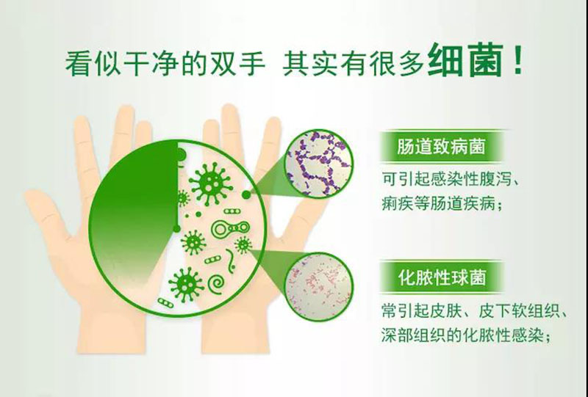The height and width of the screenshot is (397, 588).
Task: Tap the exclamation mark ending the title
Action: tap(518, 60)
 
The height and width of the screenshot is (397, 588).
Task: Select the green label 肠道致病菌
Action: tap(442, 146)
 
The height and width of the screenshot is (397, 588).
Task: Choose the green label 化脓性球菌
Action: tap(442, 277)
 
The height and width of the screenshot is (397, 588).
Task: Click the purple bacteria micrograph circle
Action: tap(319, 163)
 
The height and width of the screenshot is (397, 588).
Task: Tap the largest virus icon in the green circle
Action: tap(211, 183)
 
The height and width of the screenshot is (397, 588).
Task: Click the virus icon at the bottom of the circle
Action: tap(186, 285)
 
